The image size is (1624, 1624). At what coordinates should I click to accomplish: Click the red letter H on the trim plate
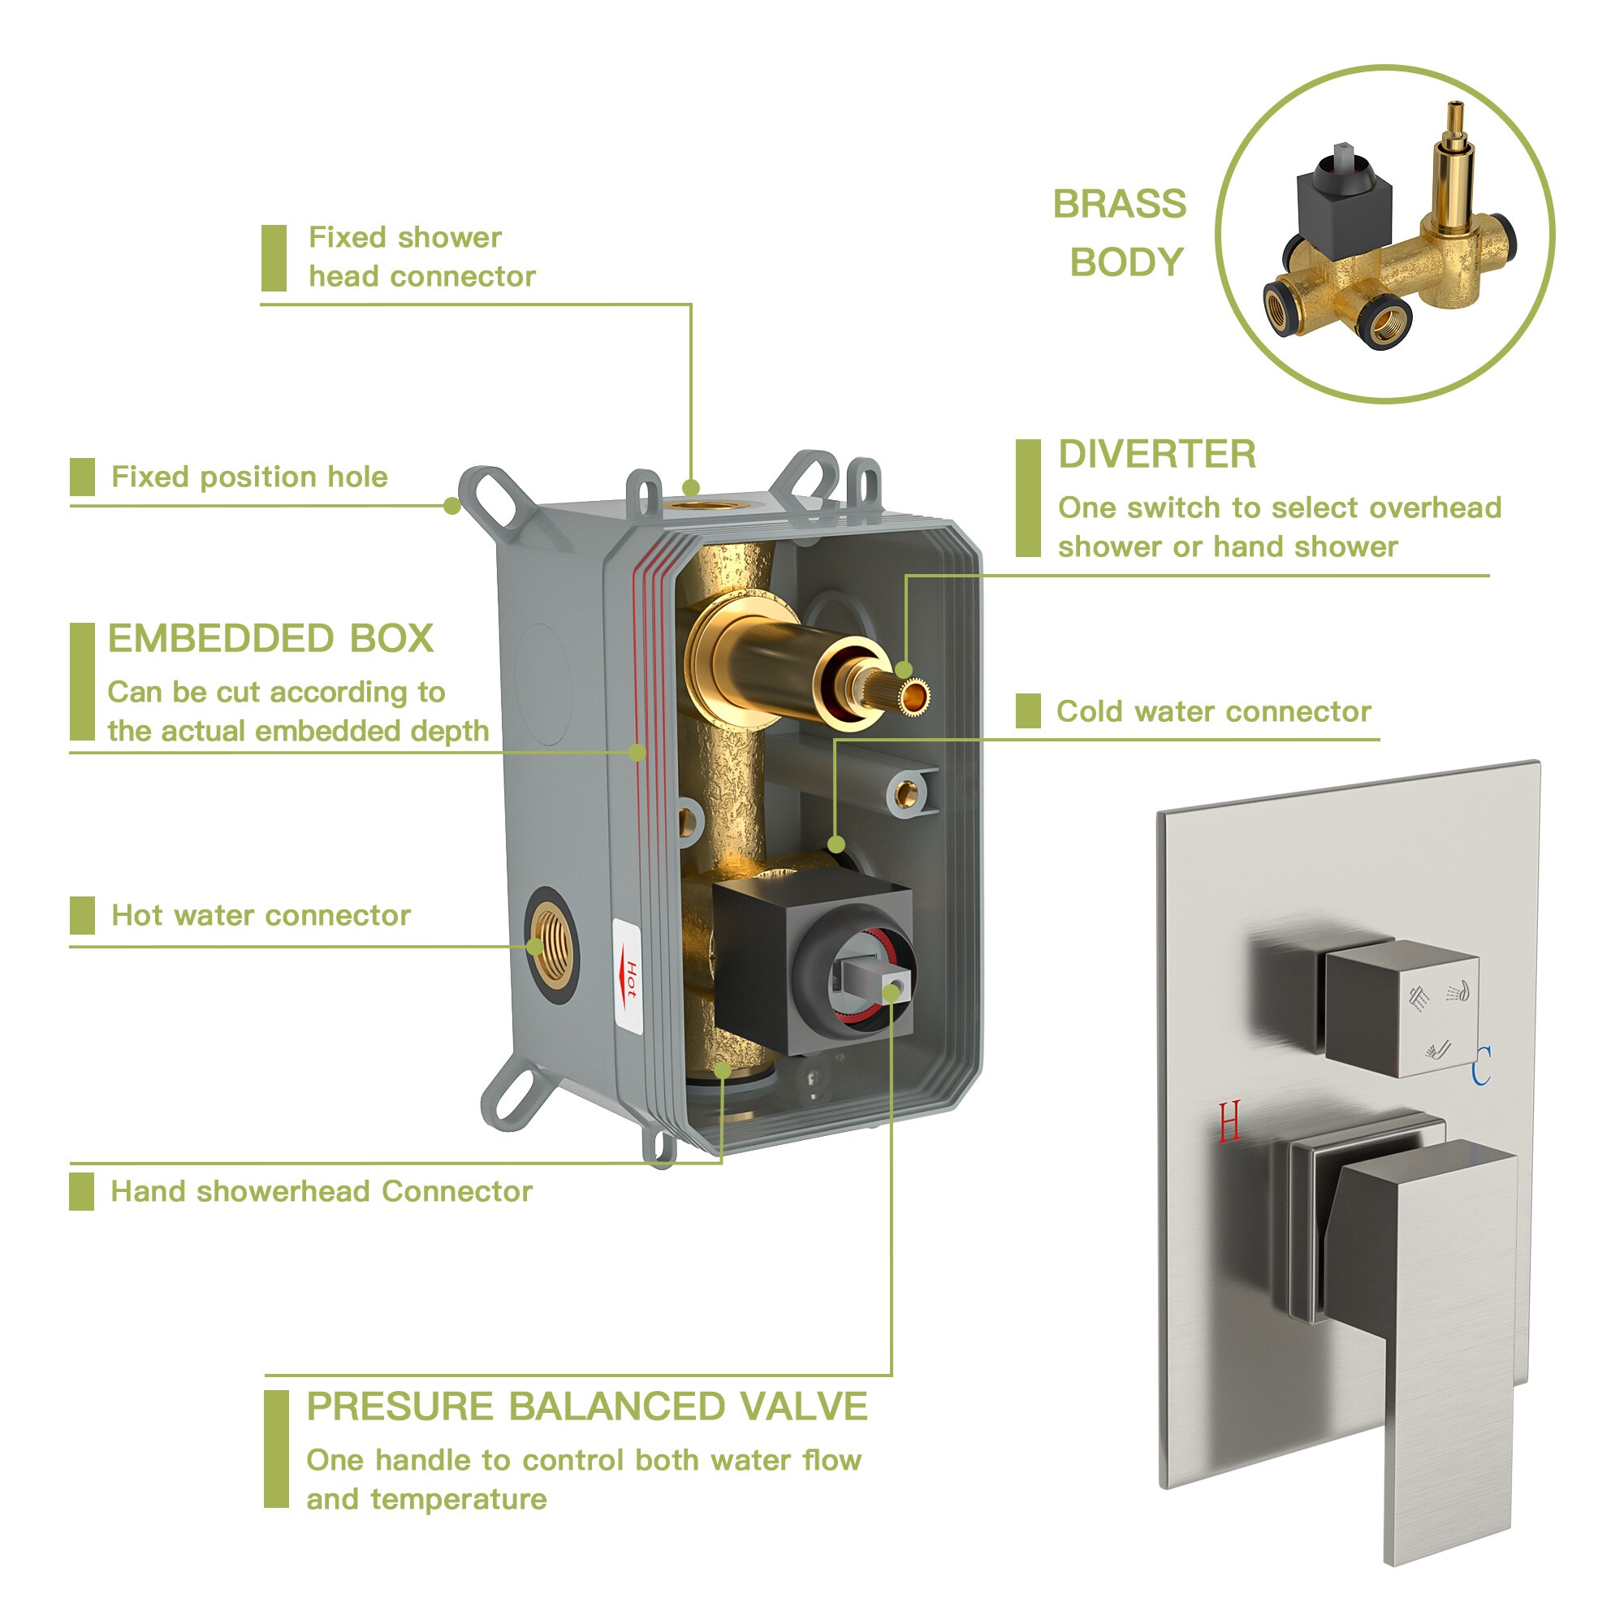(1229, 1121)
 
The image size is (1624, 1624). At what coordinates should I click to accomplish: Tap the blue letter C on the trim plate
(1481, 1065)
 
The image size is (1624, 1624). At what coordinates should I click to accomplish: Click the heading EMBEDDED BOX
(270, 639)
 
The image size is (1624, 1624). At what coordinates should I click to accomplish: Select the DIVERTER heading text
(1156, 455)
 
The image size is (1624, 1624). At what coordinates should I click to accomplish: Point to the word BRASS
(1120, 205)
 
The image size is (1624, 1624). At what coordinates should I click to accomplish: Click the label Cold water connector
(1214, 711)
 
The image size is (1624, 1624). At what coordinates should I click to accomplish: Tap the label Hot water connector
(261, 914)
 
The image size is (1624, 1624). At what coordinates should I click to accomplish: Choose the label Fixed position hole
(249, 477)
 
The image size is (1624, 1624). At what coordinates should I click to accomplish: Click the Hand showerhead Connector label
(322, 1191)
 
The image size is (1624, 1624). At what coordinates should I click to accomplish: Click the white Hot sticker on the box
(628, 977)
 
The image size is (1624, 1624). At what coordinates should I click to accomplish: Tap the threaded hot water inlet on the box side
(552, 945)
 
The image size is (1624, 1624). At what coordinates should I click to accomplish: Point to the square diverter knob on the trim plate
(1401, 1008)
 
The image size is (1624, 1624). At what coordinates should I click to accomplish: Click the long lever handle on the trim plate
(1420, 1345)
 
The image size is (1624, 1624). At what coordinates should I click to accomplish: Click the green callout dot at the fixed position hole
(452, 505)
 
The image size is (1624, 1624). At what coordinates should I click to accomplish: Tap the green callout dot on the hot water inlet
(535, 948)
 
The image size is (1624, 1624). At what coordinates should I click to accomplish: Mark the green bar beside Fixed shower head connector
(274, 258)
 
